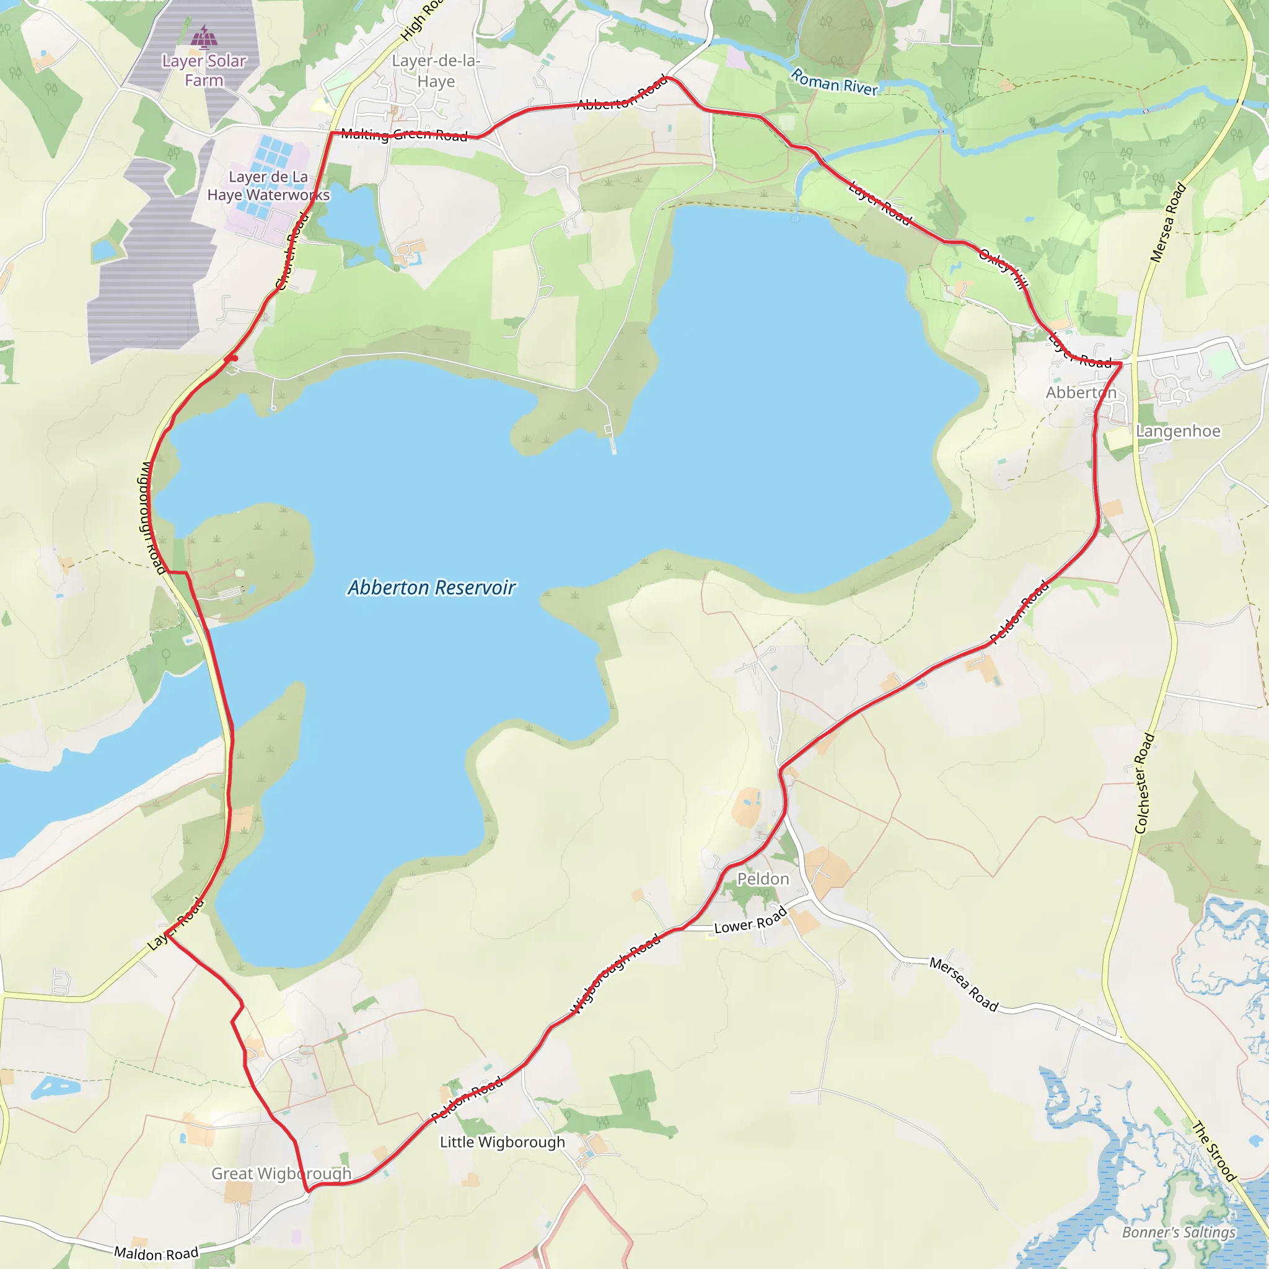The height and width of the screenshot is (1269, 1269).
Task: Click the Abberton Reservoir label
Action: tap(431, 587)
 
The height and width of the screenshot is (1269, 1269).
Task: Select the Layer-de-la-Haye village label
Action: tap(436, 71)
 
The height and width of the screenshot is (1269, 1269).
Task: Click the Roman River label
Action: tap(833, 83)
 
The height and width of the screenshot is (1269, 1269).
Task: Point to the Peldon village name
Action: tap(763, 879)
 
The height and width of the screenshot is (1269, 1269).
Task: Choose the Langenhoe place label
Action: tap(1179, 431)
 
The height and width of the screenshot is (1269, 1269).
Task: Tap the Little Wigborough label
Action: tap(502, 1142)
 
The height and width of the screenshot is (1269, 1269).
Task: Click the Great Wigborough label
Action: tap(281, 1174)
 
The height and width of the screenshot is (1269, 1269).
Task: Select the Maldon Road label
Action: tap(156, 1254)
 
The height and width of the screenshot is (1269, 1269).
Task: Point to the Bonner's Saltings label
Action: tap(1179, 1232)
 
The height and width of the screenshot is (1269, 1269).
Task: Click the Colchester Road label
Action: tap(1144, 783)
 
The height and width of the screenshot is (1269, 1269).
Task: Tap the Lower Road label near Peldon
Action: tap(750, 921)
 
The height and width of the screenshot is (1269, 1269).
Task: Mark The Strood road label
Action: tap(1214, 1151)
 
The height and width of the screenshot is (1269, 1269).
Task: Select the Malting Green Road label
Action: tap(404, 135)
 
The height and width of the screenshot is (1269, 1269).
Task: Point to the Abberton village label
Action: tap(1081, 393)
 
